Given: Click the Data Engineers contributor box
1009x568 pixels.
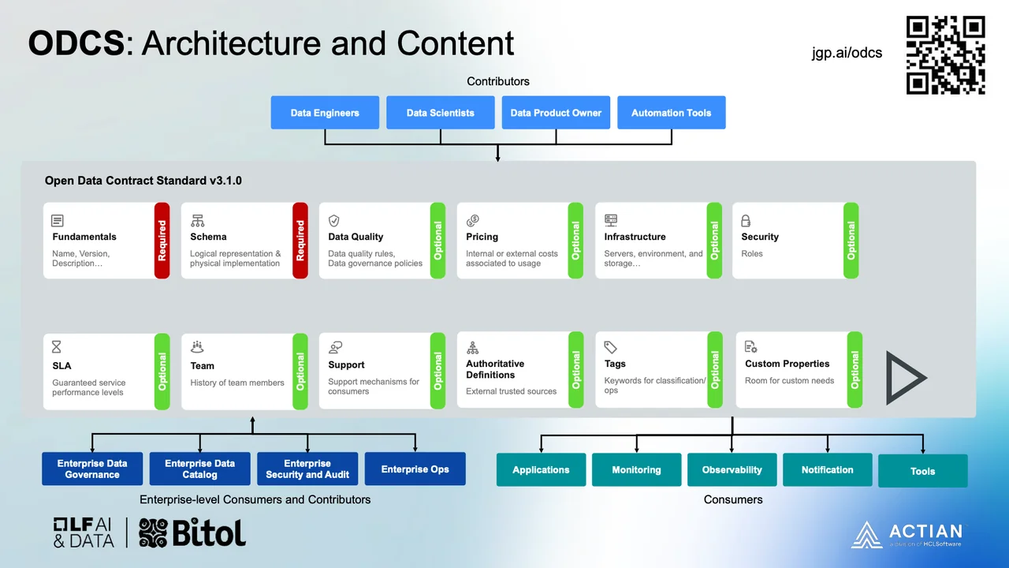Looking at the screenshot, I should (x=325, y=113).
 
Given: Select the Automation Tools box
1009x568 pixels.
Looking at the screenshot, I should (x=671, y=113).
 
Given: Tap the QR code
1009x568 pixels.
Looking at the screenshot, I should (x=945, y=55).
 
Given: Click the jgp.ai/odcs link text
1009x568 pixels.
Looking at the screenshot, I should (x=847, y=53).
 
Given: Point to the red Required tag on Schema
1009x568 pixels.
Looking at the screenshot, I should (x=300, y=241).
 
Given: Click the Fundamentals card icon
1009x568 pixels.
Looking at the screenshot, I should (x=58, y=221).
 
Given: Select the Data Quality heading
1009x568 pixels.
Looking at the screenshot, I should (x=356, y=237).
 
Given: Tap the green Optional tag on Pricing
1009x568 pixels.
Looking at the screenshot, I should (x=575, y=241).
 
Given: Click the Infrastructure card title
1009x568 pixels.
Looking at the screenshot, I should (x=635, y=237).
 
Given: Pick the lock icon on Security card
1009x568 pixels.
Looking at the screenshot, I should (x=746, y=221).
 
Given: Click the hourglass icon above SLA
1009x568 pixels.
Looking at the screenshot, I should (x=57, y=348).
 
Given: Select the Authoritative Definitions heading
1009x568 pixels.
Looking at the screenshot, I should (x=495, y=369).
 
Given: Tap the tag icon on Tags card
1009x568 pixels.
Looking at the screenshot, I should (x=610, y=347).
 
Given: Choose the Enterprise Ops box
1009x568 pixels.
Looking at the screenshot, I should (x=415, y=469).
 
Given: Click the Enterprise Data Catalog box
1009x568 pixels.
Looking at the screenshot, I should (x=199, y=469).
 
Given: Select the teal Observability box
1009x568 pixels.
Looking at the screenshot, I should (x=732, y=470).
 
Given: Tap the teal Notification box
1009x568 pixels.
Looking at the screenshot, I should (x=827, y=470).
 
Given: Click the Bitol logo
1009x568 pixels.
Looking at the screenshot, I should (x=193, y=532).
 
